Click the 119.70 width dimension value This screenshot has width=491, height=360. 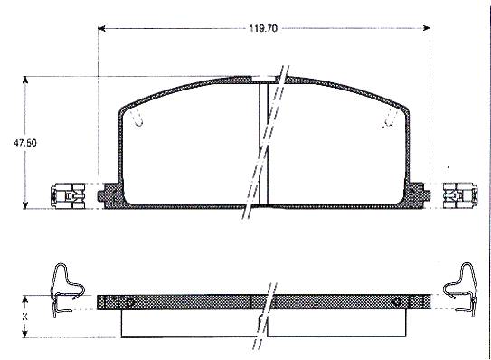coord(263,28)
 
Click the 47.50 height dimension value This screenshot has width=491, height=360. coord(24,143)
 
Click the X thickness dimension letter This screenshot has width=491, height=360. coord(24,317)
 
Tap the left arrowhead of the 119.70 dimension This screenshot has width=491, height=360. coord(101,29)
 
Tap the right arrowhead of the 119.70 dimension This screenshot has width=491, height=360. coord(427,29)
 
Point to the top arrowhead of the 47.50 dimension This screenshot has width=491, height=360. coord(25,80)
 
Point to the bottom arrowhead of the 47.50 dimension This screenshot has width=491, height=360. coord(25,205)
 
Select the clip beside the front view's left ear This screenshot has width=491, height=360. coord(68,196)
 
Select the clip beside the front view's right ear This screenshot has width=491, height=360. coord(460,195)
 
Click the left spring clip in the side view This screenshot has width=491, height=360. coord(67,289)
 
